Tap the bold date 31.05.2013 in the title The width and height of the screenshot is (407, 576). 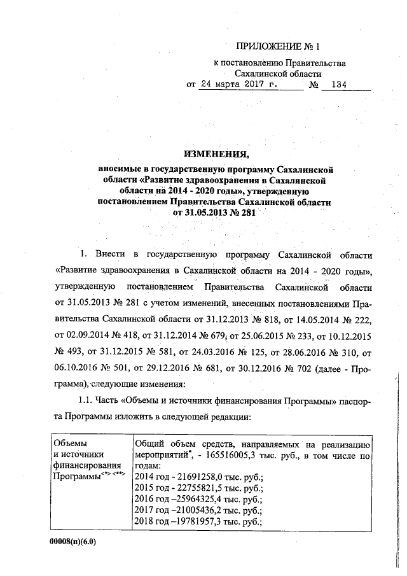point(206,213)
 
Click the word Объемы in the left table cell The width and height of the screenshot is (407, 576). point(71,443)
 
